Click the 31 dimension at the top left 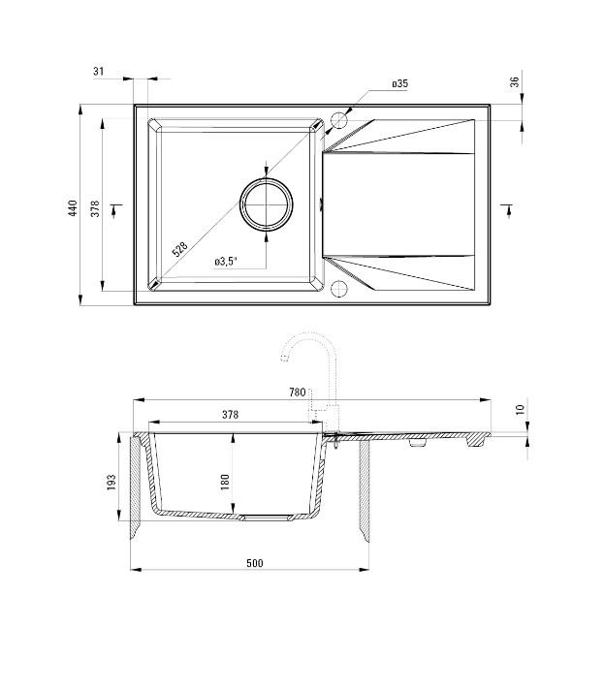99,71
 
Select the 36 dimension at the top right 515,83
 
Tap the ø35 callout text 399,84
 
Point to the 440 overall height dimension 72,207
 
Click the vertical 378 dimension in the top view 95,207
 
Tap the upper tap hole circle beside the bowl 338,121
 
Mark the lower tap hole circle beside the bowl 338,289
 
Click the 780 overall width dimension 297,392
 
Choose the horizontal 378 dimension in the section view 230,414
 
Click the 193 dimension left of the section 111,482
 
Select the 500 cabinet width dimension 254,563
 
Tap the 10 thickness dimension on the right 520,410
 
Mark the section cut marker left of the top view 117,205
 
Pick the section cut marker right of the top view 505,205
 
